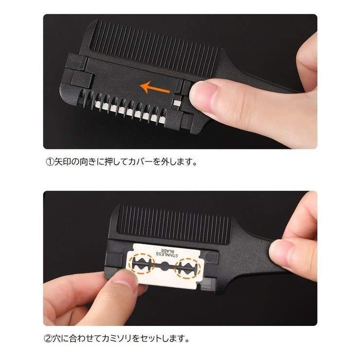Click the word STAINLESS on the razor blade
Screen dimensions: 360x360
click(167, 254)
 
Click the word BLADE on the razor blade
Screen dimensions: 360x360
click(167, 251)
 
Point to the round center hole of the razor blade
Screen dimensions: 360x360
click(164, 266)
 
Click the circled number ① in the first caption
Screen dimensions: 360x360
click(50, 162)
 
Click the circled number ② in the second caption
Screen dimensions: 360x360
click(48, 339)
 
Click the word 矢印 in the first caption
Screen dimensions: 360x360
click(62, 162)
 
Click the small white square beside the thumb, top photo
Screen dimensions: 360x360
click(177, 102)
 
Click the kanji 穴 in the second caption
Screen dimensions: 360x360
click(56, 339)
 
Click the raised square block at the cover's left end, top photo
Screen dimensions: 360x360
click(82, 79)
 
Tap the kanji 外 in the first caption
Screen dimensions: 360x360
click(165, 162)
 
